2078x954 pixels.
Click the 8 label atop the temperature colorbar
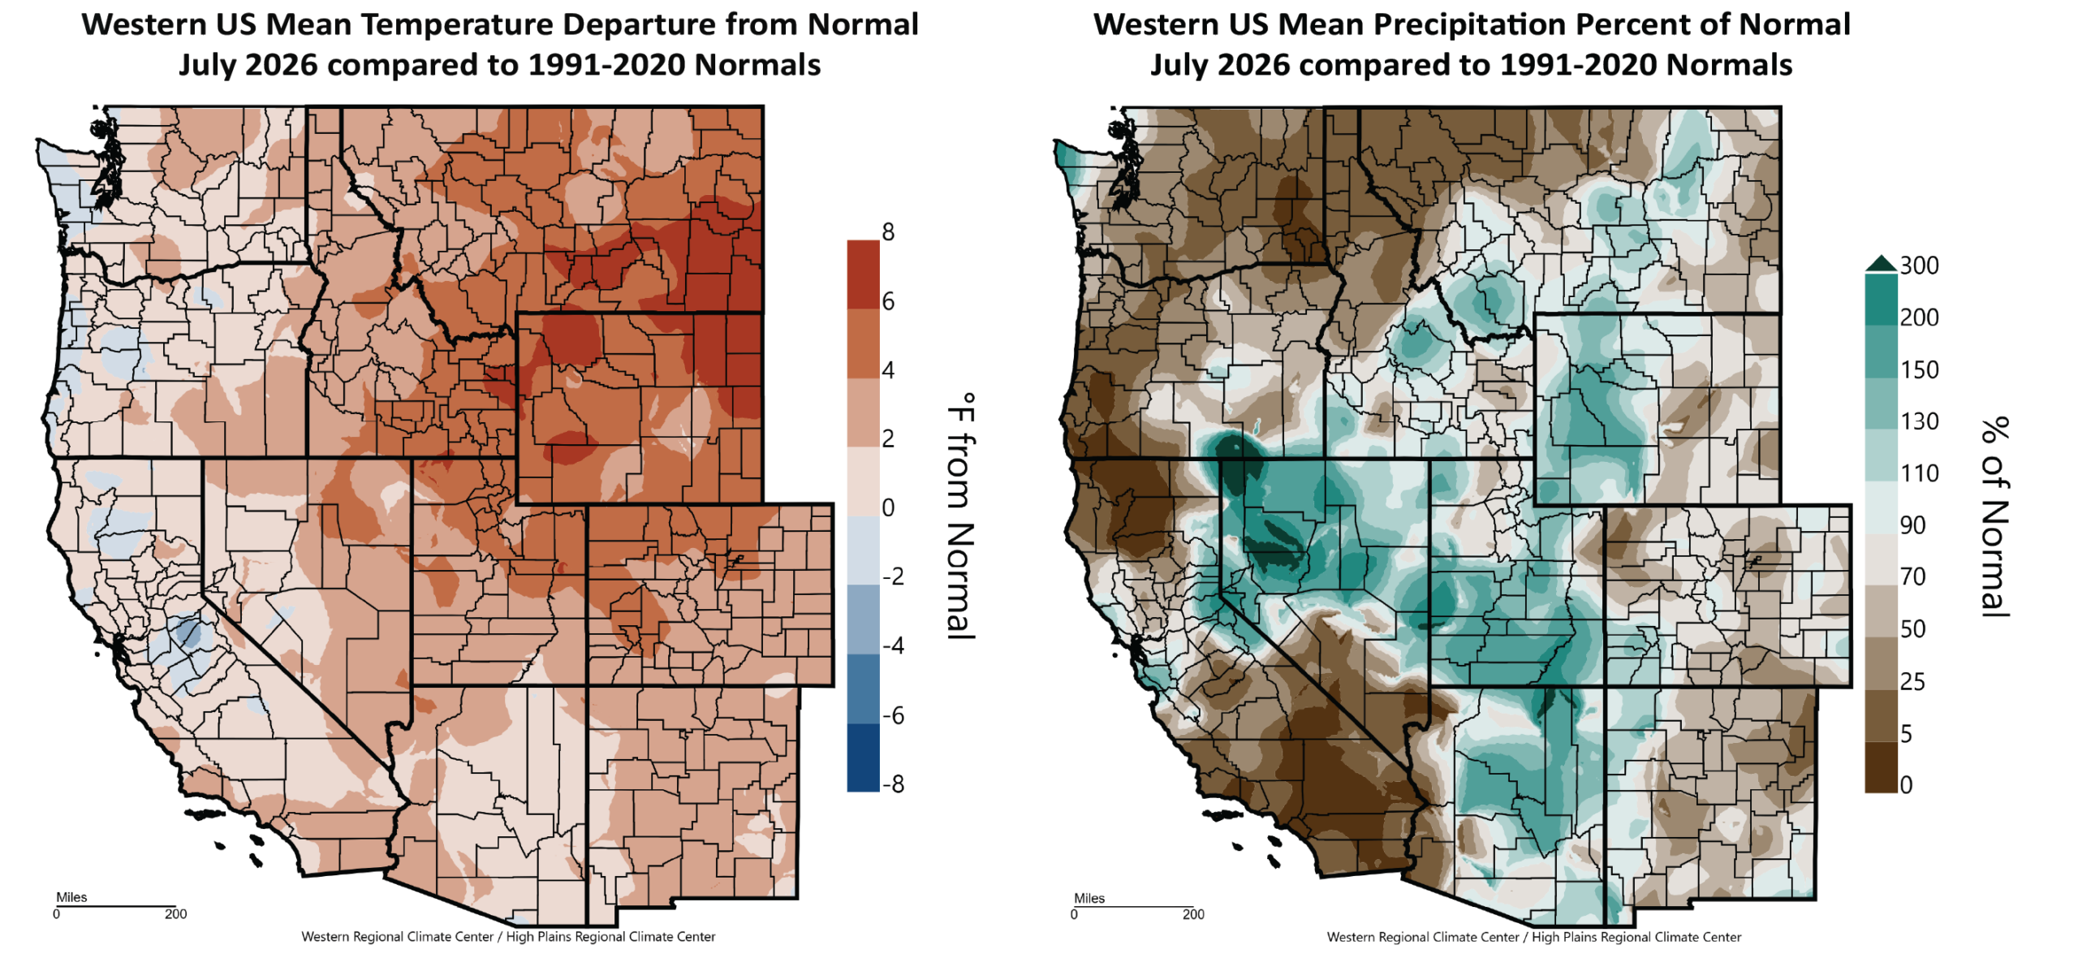[888, 232]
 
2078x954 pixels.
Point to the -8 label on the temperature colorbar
[893, 784]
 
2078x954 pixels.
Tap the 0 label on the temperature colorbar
[888, 507]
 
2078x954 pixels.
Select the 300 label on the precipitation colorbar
[1919, 265]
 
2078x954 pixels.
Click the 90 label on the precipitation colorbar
[1912, 525]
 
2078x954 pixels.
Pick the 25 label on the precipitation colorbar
[1912, 681]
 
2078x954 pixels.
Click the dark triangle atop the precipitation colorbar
[1881, 263]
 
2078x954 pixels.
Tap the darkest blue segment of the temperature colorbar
[864, 758]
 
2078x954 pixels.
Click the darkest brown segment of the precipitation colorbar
[1881, 767]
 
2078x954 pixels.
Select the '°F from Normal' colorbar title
[961, 516]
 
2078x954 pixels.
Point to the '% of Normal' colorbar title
[1994, 517]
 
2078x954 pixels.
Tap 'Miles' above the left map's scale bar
[71, 897]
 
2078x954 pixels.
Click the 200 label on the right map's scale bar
[1193, 914]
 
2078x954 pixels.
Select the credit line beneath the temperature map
[508, 937]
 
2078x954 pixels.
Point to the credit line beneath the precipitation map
[1534, 937]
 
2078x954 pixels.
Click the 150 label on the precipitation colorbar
[1919, 369]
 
